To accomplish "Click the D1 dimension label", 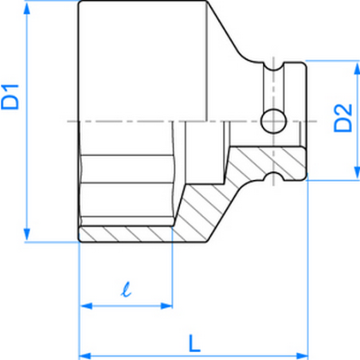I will point(11,96).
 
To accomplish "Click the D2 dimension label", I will point(342,118).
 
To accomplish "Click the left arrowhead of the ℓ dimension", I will point(85,305).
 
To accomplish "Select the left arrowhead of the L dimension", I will point(85,354).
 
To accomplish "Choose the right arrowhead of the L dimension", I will point(301,354).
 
